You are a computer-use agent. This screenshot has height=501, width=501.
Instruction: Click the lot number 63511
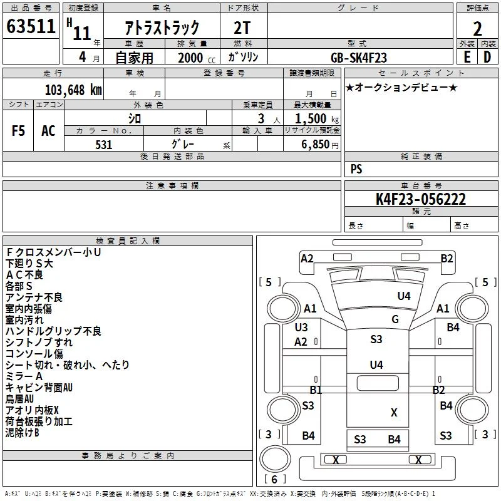coord(31,26)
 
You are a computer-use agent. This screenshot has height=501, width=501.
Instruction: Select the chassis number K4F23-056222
coord(421,199)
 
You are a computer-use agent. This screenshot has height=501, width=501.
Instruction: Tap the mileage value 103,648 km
coord(73,90)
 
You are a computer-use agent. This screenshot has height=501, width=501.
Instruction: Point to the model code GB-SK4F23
coord(359,58)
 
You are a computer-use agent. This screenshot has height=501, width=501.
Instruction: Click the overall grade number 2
coord(477,29)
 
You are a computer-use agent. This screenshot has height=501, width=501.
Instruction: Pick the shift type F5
coord(18,131)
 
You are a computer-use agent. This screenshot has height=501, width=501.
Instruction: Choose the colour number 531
coord(104,145)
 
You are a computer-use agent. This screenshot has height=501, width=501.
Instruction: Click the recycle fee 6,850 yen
coord(320,145)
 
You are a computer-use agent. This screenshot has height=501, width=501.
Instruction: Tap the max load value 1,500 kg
coord(317,119)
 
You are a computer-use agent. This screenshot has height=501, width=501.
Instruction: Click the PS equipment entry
coord(356,168)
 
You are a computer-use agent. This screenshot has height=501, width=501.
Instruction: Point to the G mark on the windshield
coord(395,319)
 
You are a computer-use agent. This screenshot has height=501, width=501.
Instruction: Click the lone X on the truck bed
coord(394,413)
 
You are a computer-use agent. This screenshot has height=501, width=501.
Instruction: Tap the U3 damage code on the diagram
coord(301,327)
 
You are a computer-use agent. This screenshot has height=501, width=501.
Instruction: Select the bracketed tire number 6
coord(274,479)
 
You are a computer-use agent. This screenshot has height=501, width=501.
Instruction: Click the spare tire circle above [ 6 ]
coord(275,458)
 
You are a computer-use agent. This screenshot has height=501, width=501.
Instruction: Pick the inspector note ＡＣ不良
coord(24,275)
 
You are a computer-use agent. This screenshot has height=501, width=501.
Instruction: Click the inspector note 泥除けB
coord(22,433)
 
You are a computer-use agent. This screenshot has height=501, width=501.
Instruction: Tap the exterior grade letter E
coord(467,57)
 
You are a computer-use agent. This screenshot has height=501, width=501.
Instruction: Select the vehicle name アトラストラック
coord(162,28)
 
